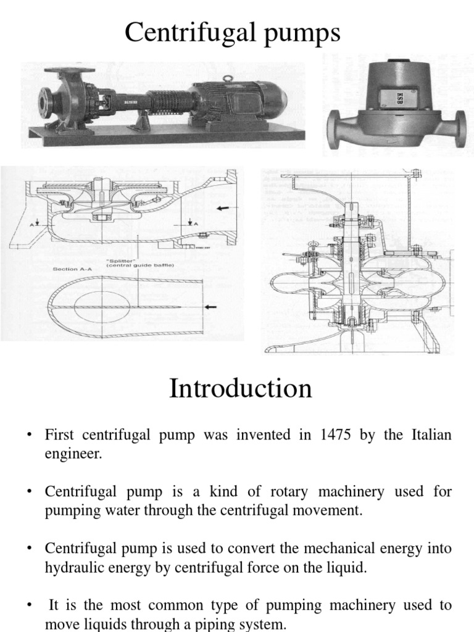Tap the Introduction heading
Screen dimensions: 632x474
[x=240, y=389]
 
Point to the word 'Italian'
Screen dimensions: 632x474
[x=427, y=435]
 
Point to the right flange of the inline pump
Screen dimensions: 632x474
[x=460, y=128]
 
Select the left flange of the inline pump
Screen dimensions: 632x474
[x=334, y=129]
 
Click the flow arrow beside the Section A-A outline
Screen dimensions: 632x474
[x=212, y=306]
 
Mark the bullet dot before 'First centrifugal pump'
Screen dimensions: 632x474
[x=28, y=436]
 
